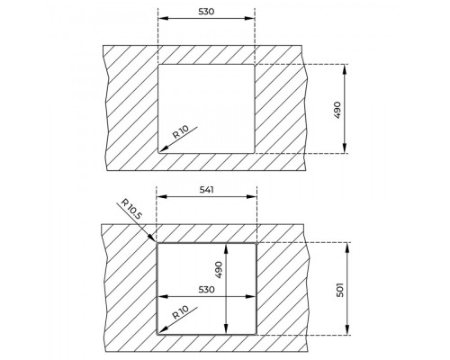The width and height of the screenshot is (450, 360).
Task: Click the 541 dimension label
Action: [x=207, y=190]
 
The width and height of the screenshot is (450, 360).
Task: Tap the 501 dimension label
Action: [x=340, y=290]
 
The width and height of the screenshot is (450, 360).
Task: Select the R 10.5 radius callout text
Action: [x=131, y=209]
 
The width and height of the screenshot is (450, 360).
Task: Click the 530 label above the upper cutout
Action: [x=206, y=12]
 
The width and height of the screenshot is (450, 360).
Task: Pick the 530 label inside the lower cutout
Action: [x=207, y=290]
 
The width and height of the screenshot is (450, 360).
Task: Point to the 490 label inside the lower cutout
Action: [x=219, y=270]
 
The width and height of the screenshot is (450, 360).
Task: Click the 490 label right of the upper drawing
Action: [x=337, y=110]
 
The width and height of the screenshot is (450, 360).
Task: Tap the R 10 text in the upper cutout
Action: [x=181, y=132]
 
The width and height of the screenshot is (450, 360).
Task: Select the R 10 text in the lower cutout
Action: [x=181, y=312]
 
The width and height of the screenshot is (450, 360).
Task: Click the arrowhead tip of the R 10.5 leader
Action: [x=155, y=241]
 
